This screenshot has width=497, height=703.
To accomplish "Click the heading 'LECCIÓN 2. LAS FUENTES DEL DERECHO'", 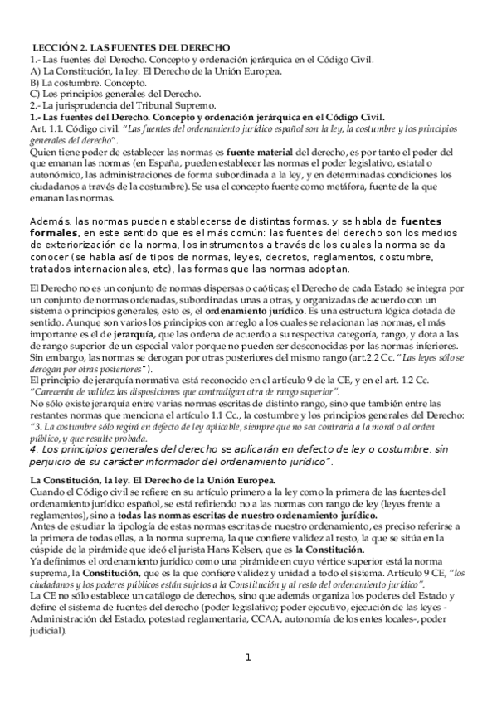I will [x=130, y=48].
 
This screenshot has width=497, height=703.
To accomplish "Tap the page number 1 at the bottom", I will [x=248, y=681].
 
